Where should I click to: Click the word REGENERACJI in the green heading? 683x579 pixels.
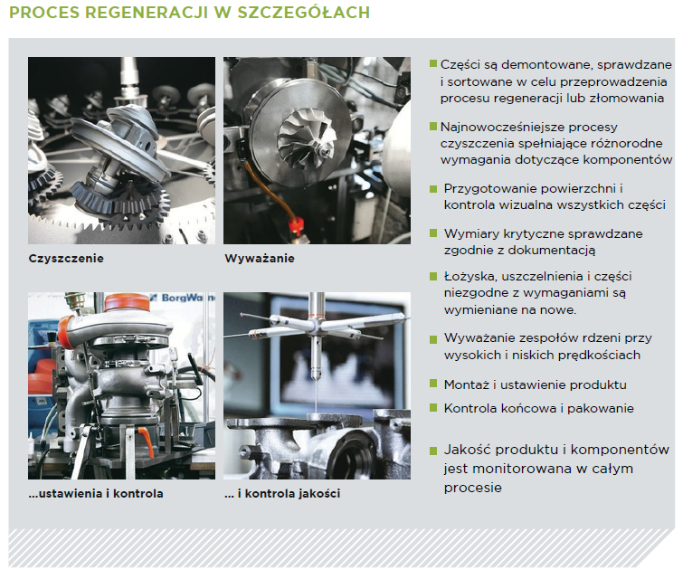click(147, 12)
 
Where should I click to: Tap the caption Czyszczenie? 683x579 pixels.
click(66, 259)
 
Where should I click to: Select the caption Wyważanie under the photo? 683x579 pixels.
click(260, 259)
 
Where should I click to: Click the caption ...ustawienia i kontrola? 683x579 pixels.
click(96, 494)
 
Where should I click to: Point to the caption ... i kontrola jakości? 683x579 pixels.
click(282, 494)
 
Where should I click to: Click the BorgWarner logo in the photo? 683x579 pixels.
click(183, 298)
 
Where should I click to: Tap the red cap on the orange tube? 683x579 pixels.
click(296, 224)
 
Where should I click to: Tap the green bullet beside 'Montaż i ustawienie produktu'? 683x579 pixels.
click(433, 384)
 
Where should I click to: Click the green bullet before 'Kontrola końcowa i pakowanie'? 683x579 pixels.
click(433, 408)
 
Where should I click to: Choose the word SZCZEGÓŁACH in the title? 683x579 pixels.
click(304, 12)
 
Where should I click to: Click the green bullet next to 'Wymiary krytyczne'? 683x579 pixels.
click(433, 233)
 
